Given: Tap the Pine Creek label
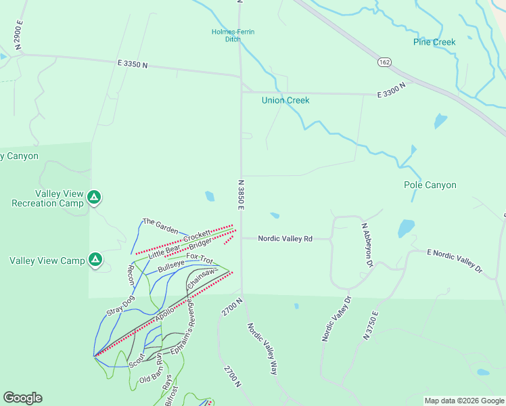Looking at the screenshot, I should (x=434, y=42).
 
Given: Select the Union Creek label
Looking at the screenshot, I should (x=285, y=100).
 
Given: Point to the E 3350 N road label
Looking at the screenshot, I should (x=132, y=64).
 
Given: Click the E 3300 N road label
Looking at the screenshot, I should (x=392, y=91).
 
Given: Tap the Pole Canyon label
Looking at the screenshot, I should (x=430, y=185).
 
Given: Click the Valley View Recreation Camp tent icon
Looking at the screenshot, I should (x=95, y=198).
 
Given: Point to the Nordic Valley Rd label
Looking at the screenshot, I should (x=285, y=238).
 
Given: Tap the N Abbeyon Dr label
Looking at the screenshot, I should (x=367, y=245).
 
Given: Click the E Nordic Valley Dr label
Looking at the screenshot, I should (x=455, y=261).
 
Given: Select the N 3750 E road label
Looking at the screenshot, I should (x=371, y=324).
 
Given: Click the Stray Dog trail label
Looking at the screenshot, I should (x=120, y=306).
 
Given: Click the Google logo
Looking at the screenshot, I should (x=22, y=398).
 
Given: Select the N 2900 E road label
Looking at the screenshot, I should (x=18, y=35).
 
